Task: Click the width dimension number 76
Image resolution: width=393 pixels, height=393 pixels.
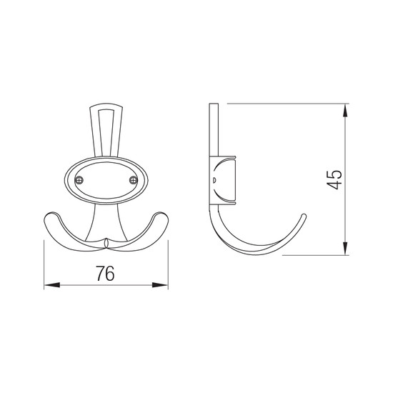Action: tap(105, 273)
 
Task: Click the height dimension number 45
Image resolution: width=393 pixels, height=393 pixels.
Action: tap(334, 179)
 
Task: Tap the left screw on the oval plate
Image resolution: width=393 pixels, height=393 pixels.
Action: tap(79, 180)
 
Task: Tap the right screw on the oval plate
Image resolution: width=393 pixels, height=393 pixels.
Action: tap(134, 180)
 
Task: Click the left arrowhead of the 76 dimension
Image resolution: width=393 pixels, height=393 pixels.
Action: tap(52, 285)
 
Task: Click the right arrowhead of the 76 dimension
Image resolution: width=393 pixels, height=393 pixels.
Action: tap(160, 285)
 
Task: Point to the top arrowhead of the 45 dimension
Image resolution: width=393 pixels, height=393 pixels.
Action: tap(345, 110)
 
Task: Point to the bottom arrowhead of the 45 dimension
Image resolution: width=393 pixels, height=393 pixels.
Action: tap(345, 249)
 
